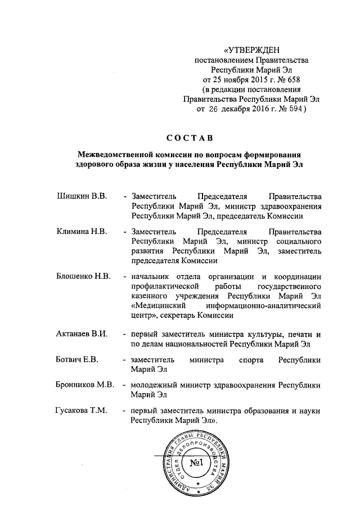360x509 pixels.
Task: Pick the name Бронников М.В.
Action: tap(85, 385)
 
